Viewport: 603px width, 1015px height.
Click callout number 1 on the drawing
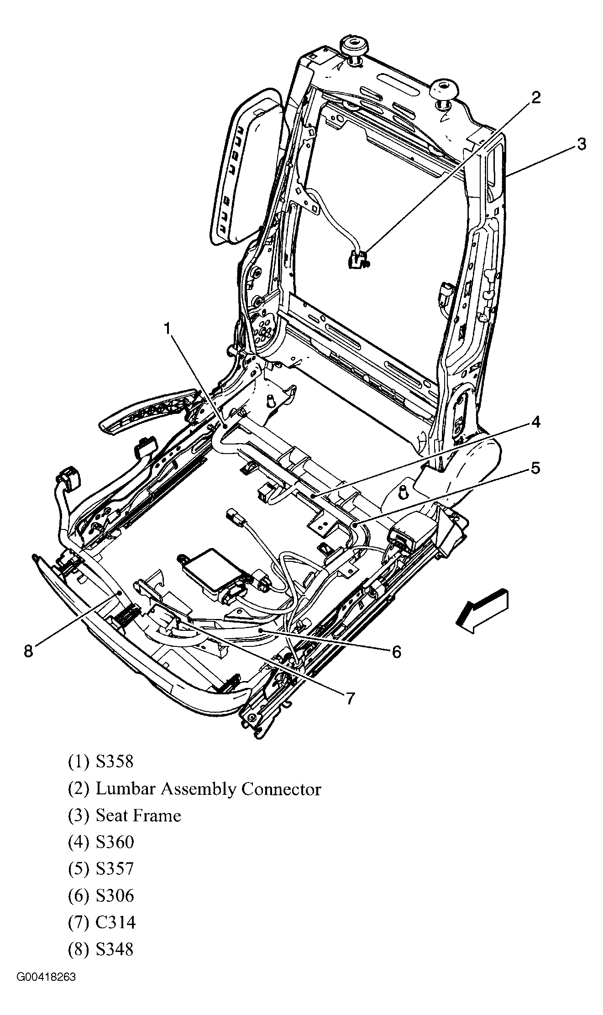[x=168, y=328]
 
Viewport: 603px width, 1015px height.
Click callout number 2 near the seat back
[x=535, y=97]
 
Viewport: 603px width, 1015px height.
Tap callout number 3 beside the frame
[x=580, y=144]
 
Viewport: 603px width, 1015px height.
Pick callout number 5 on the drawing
[x=535, y=468]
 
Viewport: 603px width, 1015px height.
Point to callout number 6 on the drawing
[x=396, y=652]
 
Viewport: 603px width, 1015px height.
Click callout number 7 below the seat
[x=350, y=698]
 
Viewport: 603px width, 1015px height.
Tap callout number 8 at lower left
[x=28, y=651]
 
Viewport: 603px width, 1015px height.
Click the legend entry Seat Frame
[x=138, y=815]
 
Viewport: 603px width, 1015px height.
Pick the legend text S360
[x=115, y=842]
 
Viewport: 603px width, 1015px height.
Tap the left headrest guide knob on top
[x=354, y=48]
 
